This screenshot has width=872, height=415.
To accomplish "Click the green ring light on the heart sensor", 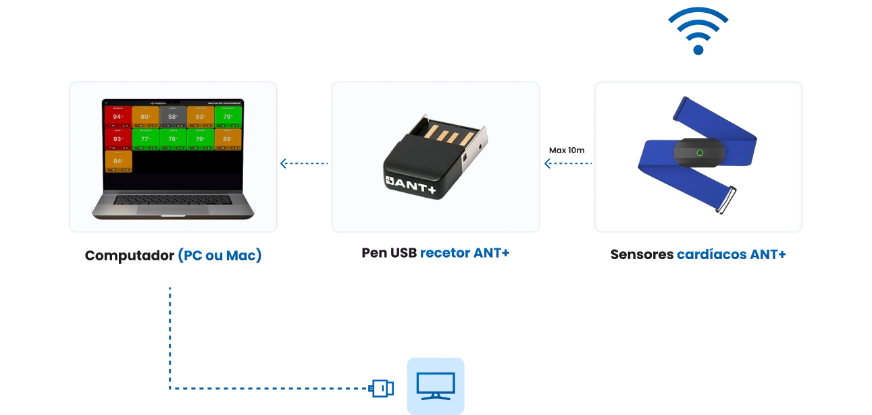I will click(700, 153).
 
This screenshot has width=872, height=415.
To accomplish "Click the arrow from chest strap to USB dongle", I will click(567, 163).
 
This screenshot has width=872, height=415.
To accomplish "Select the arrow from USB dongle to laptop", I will click(304, 163).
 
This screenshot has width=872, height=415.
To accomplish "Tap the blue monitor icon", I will click(435, 385).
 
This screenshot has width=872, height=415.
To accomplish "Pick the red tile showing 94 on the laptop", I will click(118, 116).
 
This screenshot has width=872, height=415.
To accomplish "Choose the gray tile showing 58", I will click(173, 116).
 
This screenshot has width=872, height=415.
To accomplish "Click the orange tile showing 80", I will click(145, 116).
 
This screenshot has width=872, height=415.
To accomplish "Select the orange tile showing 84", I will click(118, 161).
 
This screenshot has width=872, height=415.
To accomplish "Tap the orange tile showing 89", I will click(228, 138).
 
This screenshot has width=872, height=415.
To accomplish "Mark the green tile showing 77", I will click(145, 138).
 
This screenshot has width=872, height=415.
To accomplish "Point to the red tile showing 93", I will click(118, 138).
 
